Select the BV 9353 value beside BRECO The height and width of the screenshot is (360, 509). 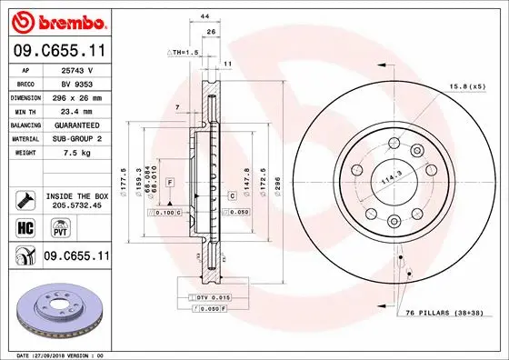click(76, 82)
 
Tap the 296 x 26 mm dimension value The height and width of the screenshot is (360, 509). click(76, 95)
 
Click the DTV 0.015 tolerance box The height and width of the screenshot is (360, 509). click(212, 298)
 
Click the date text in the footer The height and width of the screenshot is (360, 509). click(56, 355)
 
